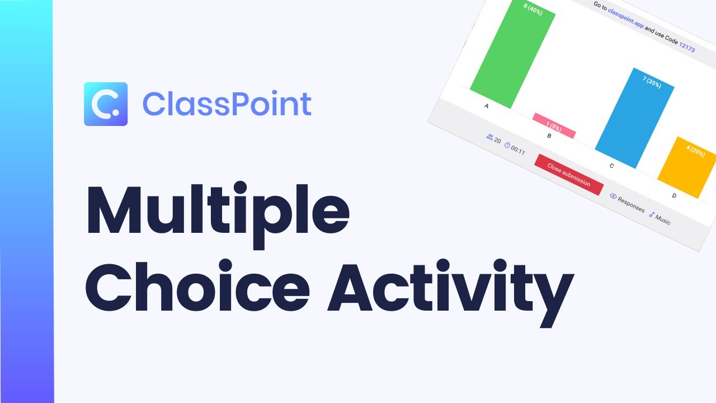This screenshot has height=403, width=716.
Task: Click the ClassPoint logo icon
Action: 106,104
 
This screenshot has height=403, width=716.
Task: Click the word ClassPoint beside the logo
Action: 227,104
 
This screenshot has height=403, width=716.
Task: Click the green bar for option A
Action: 512,56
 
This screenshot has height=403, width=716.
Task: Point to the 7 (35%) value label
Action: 652,82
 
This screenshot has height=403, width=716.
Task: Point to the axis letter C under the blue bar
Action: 611,166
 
